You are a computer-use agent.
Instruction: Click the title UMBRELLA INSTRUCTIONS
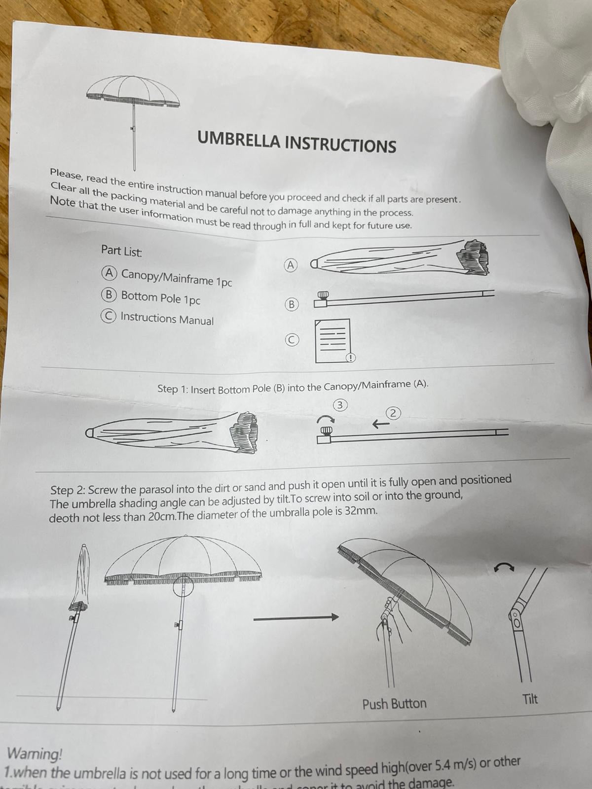[x=296, y=142]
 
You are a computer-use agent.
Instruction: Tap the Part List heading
[x=121, y=251]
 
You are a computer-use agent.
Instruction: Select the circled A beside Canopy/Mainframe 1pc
[x=109, y=273]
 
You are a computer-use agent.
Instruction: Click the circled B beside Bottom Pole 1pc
[x=109, y=295]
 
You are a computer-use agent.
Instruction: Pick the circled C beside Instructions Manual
[x=108, y=316]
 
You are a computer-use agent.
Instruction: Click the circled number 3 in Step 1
[x=340, y=405]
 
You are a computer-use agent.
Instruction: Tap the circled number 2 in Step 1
[x=393, y=413]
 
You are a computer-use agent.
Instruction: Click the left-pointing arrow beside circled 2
[x=379, y=424]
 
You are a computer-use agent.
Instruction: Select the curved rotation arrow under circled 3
[x=325, y=420]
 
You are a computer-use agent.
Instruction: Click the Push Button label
[x=394, y=704]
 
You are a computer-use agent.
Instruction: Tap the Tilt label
[x=530, y=699]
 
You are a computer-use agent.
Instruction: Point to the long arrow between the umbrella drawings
[x=296, y=617]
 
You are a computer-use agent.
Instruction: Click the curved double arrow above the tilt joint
[x=504, y=568]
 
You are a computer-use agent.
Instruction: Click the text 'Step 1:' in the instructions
[x=172, y=389]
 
